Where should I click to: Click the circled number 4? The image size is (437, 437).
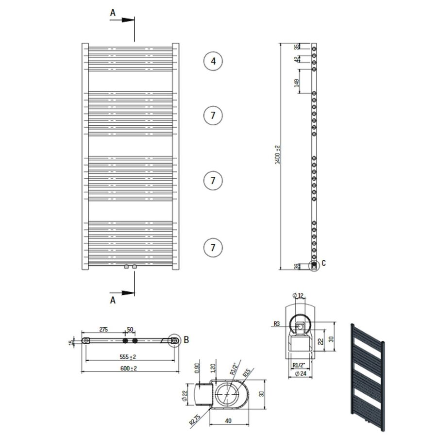tap(213, 61)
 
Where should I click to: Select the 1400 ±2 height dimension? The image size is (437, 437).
tap(278, 154)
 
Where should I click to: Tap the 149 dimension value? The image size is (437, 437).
tap(296, 83)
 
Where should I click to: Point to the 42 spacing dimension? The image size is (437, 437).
tap(296, 59)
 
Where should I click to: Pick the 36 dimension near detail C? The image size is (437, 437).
tap(296, 266)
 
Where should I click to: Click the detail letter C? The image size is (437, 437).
tap(324, 263)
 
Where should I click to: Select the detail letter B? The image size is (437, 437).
tap(185, 340)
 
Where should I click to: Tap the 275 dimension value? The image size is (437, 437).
tap(103, 330)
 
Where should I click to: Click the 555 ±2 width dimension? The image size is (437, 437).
tap(128, 357)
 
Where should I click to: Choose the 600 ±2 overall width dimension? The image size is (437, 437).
tap(128, 368)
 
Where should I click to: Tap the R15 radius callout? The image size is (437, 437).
tap(247, 374)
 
